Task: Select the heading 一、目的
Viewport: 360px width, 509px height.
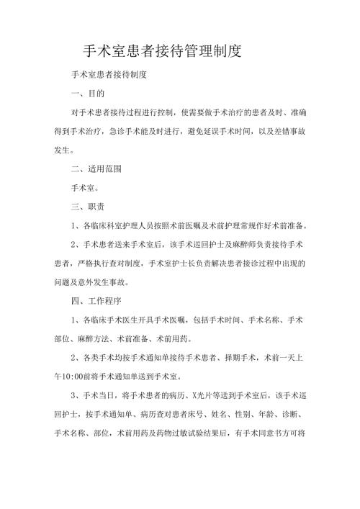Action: tap(88, 94)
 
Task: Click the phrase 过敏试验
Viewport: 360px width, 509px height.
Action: tap(187, 433)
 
